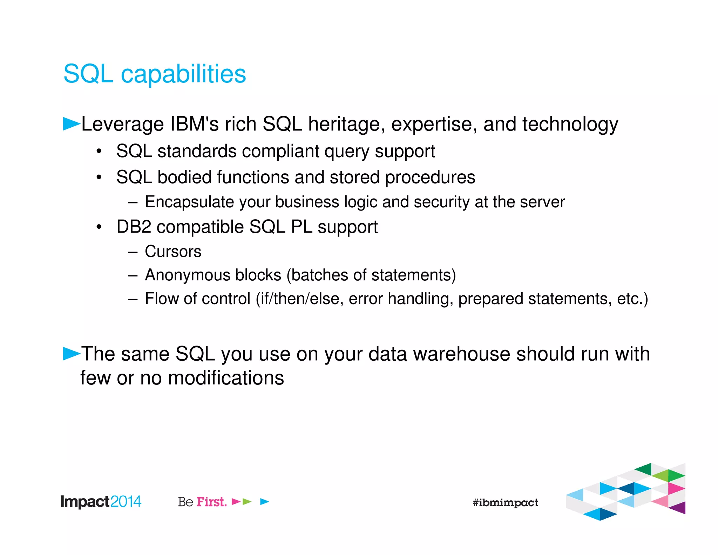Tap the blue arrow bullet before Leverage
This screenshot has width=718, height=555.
[x=71, y=124]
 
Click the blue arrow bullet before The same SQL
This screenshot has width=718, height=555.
[x=71, y=353]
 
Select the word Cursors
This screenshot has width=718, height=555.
[x=173, y=252]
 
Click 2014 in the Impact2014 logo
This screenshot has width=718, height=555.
[x=126, y=502]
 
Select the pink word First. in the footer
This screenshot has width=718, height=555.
[x=211, y=502]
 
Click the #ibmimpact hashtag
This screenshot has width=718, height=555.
[x=505, y=503]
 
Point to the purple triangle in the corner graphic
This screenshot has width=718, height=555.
[x=679, y=508]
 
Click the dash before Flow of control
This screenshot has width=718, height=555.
[x=133, y=299]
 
